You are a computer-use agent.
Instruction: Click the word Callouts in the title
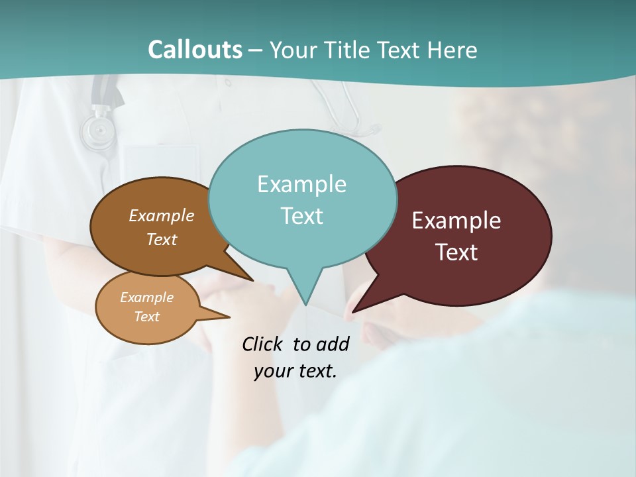coord(195,50)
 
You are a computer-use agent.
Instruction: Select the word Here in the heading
coord(452,50)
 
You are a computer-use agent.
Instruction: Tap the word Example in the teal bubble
coord(301,184)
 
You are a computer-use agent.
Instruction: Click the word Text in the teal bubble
coord(301,216)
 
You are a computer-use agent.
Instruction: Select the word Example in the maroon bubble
coord(456,221)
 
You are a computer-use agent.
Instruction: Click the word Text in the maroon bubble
coord(456,252)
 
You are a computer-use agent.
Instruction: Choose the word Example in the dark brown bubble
coord(162,215)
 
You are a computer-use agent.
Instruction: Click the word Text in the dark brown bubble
coord(162,239)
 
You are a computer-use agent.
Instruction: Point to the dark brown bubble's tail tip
coord(253,280)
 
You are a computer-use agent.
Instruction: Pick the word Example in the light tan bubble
coord(146,297)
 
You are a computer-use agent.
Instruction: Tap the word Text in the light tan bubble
coord(146,317)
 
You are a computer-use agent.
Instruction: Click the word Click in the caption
coord(262,344)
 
